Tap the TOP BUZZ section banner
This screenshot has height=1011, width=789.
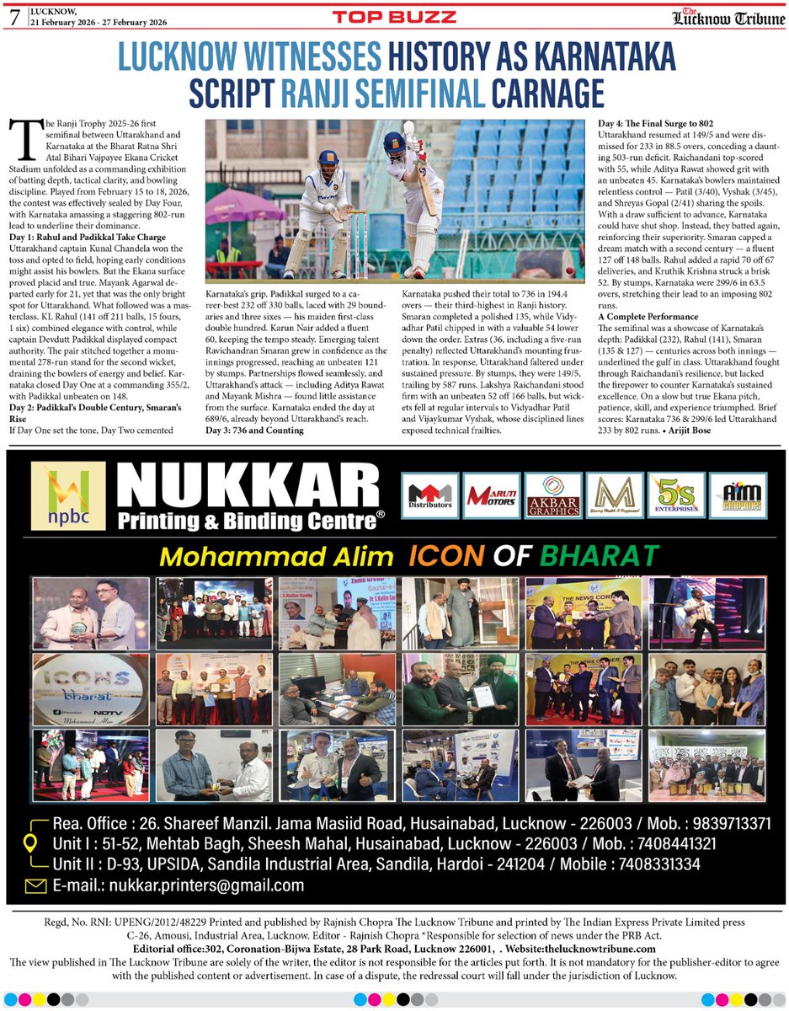[395, 16]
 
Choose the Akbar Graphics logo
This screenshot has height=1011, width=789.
[552, 495]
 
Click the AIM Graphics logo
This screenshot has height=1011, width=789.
[736, 495]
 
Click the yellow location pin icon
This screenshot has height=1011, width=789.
[29, 843]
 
